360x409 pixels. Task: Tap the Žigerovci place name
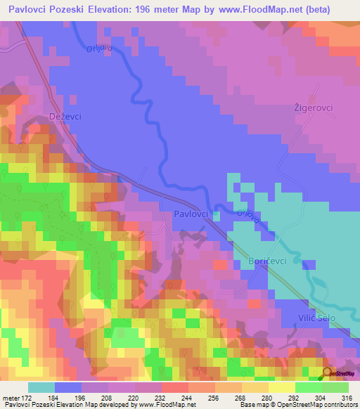(312, 108)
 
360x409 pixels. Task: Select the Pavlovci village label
(191, 214)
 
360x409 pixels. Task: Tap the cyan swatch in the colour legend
(41, 387)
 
